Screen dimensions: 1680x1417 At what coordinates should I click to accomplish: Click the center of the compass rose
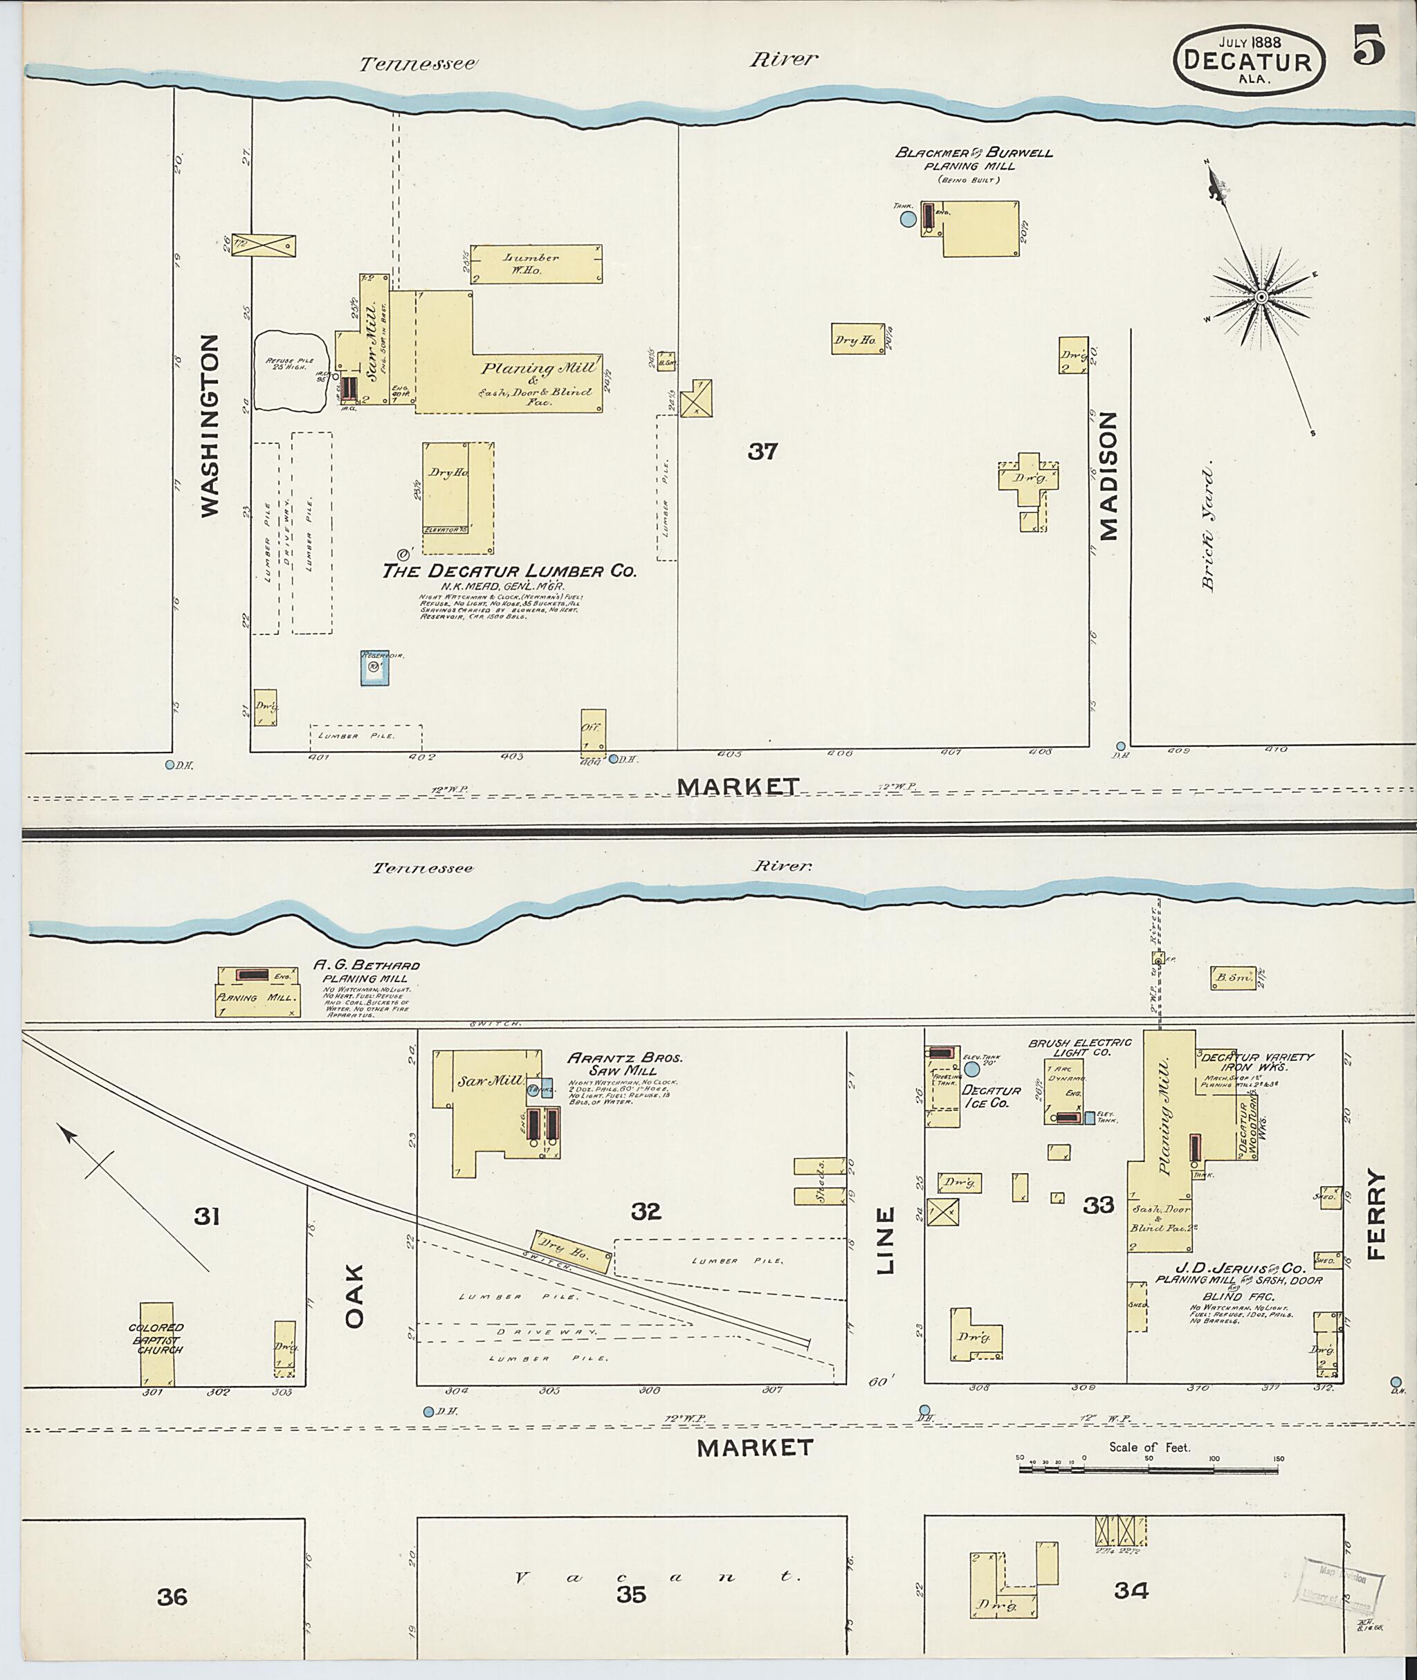(1261, 297)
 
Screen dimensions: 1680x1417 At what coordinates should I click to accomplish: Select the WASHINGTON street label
(209, 425)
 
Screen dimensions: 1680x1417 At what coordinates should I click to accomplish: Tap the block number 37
(762, 452)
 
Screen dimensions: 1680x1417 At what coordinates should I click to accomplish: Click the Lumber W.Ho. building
(536, 264)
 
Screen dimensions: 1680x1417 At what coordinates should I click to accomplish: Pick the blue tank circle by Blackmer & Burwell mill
(907, 219)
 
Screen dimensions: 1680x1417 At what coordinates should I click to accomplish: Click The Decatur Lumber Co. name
(509, 571)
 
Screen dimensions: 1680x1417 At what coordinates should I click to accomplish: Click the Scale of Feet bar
(1149, 1469)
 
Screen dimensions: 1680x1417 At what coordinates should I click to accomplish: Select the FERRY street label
(1377, 1215)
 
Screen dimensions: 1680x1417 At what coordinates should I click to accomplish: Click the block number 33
(1098, 1206)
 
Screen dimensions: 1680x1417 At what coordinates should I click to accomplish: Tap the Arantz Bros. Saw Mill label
(624, 1064)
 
